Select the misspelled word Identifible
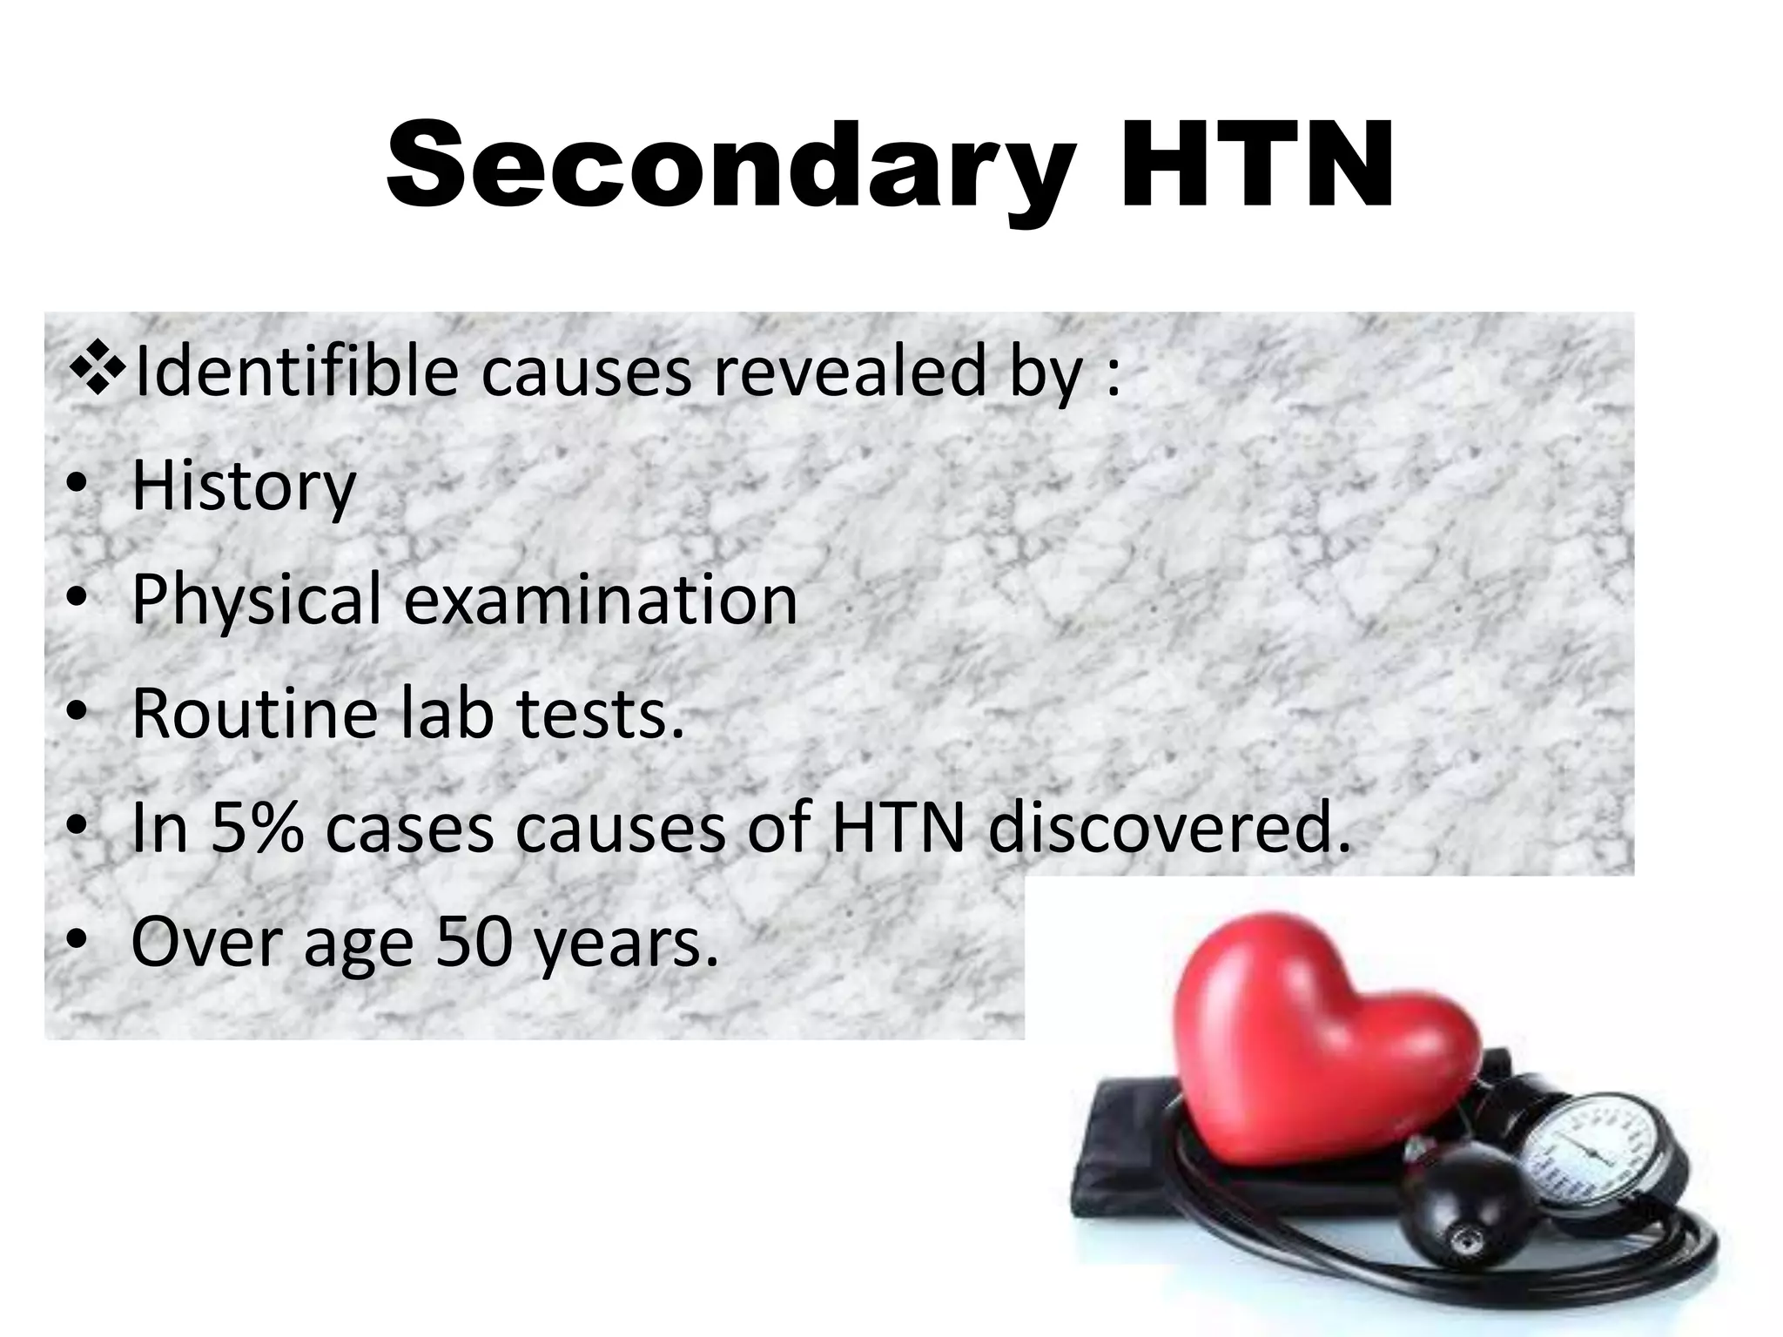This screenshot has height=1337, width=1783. click(296, 373)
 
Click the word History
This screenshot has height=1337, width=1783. click(244, 487)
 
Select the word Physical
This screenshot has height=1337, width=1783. click(257, 601)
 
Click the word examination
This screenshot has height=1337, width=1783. click(601, 601)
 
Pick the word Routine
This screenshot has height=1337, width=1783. click(252, 715)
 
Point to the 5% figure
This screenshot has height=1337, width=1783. click(257, 829)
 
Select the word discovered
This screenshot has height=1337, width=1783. click(1170, 829)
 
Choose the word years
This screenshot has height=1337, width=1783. click(627, 944)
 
